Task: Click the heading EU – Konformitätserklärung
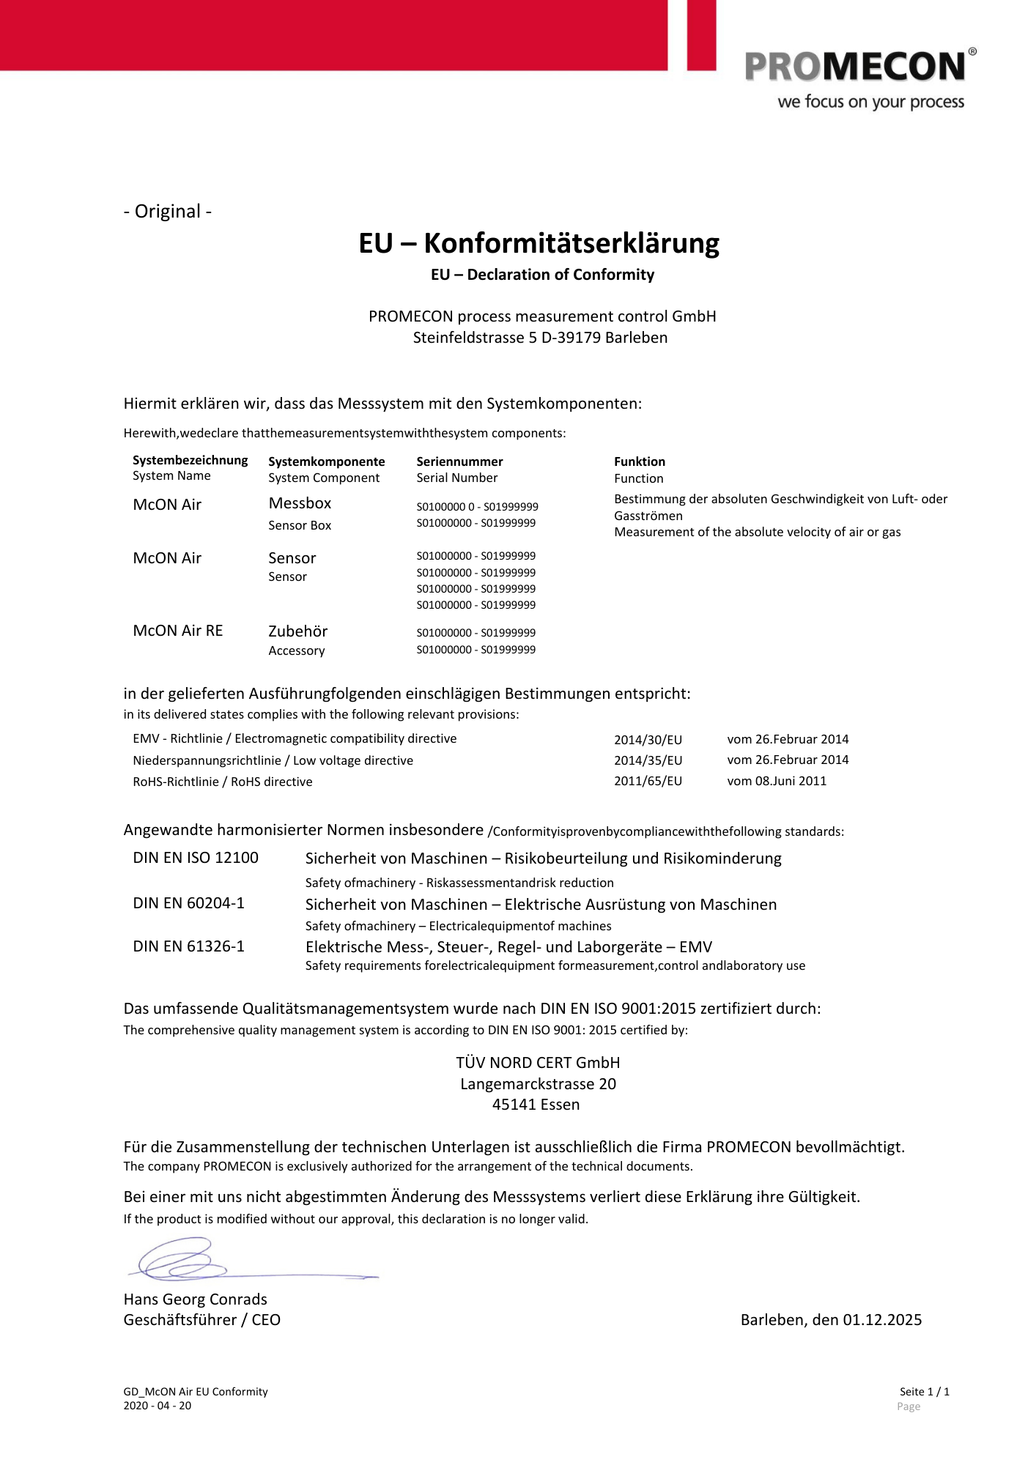[539, 243]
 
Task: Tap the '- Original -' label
[168, 212]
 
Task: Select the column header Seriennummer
[459, 461]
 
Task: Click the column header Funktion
[640, 461]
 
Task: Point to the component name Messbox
[300, 503]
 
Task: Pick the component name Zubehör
[297, 631]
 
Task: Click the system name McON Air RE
[178, 631]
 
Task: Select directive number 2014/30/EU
[648, 740]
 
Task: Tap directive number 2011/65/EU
[648, 782]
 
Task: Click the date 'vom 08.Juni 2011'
[777, 782]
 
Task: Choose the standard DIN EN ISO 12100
[196, 858]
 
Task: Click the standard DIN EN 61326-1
[189, 946]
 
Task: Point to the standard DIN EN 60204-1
[189, 903]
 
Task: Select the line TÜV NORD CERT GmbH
[538, 1063]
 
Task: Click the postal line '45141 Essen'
[536, 1105]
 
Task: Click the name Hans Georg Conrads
[196, 1299]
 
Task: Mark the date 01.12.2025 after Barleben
[882, 1320]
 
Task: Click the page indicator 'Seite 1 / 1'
[924, 1392]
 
